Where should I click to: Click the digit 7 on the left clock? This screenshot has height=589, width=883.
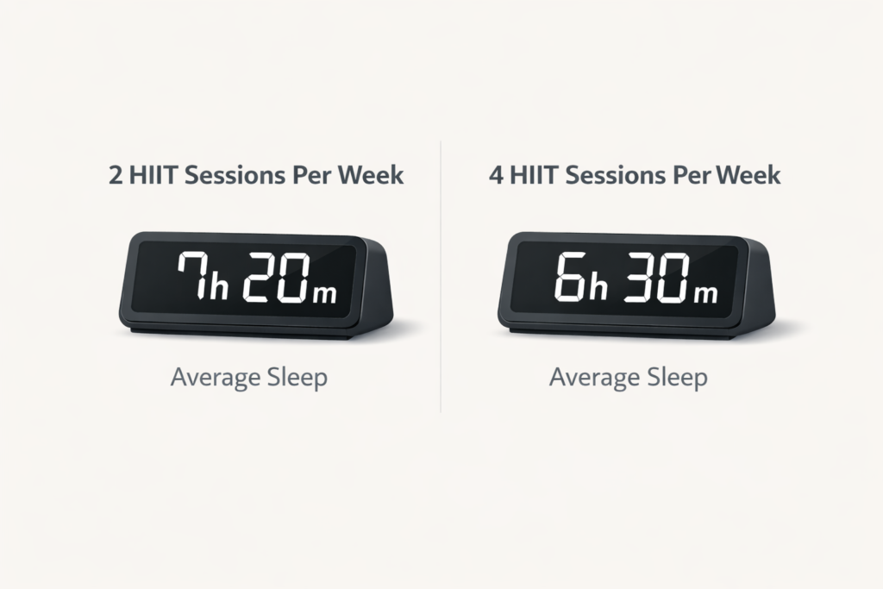(x=191, y=277)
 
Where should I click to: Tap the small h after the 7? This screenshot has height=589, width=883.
(x=218, y=287)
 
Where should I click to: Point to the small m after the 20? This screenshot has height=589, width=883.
(x=325, y=292)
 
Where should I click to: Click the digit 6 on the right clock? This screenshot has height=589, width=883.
(x=570, y=278)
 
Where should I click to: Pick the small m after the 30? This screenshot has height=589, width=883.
(x=705, y=293)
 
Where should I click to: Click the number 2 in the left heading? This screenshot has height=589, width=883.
(x=116, y=175)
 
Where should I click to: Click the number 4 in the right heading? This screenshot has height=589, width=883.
(x=495, y=175)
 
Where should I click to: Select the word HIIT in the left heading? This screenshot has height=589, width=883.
(x=154, y=175)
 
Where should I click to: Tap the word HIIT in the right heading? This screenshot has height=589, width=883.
(x=534, y=175)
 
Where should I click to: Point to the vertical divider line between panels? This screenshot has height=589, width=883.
(x=441, y=276)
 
